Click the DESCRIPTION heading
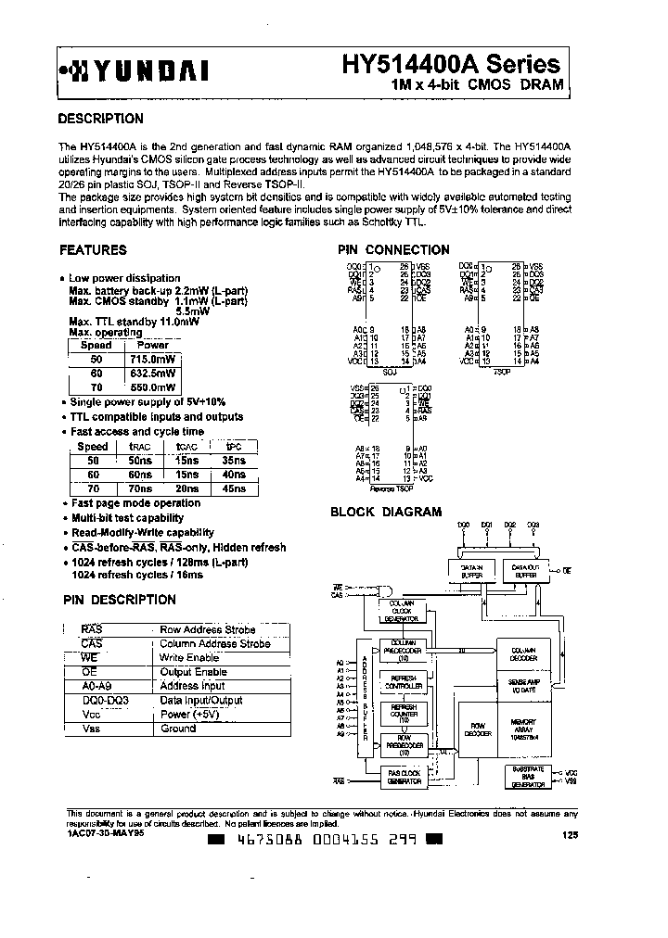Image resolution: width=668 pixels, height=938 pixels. [x=100, y=120]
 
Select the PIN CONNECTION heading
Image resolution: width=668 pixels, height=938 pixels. [x=393, y=250]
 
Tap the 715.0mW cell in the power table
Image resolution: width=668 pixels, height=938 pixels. [x=153, y=359]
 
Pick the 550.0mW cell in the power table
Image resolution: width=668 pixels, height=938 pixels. [x=153, y=387]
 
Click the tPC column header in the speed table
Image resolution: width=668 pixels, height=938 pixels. [x=234, y=447]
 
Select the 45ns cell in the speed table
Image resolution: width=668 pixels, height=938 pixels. [x=234, y=488]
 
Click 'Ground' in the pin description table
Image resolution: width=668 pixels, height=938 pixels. [x=178, y=729]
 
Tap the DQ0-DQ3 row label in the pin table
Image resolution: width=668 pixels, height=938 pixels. [x=105, y=701]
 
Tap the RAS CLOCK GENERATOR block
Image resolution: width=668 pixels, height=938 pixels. [x=405, y=777]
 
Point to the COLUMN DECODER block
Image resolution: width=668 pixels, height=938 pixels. [x=523, y=653]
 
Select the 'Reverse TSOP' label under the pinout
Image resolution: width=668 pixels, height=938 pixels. [x=396, y=486]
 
